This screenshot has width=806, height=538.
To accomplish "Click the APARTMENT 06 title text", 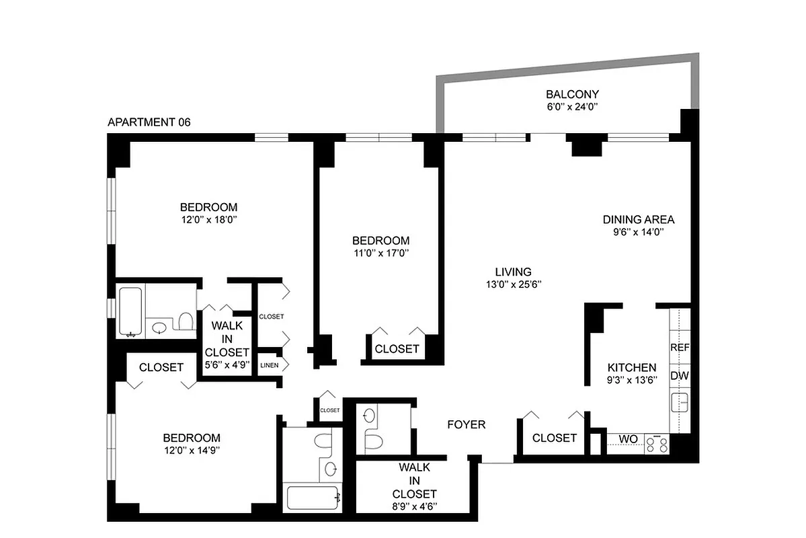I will pos(149,122).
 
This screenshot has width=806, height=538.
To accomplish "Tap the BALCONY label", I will pos(572,94).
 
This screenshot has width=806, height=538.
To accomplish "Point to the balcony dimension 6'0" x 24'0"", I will pos(572,106).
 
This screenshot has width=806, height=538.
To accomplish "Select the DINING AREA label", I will pos(638,219).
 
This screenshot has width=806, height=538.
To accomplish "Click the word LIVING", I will pos(513,272).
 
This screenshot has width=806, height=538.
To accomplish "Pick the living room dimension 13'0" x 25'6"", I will pos(513,284).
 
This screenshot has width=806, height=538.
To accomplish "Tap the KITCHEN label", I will pos(631,368).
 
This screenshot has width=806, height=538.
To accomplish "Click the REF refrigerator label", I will pos(679,348).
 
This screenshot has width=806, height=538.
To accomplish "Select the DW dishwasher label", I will pos(679,376).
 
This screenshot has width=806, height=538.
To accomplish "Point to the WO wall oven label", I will pos(628,438).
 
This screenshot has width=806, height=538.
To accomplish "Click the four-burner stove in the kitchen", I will pos(657,443).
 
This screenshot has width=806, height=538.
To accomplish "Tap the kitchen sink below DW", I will pos(679,403).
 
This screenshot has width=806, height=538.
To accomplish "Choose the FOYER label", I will pos(467,424).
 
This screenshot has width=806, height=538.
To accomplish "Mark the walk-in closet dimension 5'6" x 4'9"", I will pos(227,364).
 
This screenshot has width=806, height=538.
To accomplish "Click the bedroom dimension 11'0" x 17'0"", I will pos(380,253).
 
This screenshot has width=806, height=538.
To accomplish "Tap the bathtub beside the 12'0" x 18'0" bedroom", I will pos(130,311).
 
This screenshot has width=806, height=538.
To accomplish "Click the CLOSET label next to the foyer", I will pos(554,438).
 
